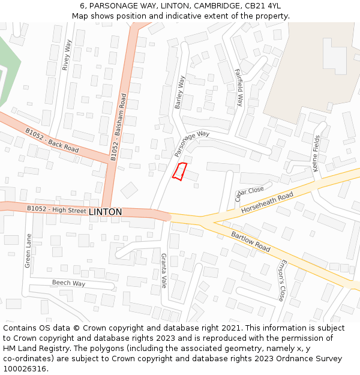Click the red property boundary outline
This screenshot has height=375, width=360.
pyautogui.click(x=180, y=171)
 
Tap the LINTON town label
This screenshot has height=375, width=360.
pyautogui.click(x=105, y=212)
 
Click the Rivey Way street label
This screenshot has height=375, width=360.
pyautogui.click(x=67, y=55)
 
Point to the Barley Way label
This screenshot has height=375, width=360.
pyautogui.click(x=179, y=92)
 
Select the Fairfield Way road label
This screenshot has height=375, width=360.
pyautogui.click(x=239, y=88)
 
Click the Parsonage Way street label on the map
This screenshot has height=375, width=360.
pyautogui.click(x=192, y=144)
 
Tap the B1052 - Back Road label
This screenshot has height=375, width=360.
pyautogui.click(x=52, y=140)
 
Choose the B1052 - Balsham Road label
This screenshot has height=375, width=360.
pyautogui.click(x=118, y=127)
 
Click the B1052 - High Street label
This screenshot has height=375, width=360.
pyautogui.click(x=56, y=209)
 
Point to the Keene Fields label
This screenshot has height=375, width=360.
pyautogui.click(x=316, y=154)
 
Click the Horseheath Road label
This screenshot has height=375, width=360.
pyautogui.click(x=267, y=204)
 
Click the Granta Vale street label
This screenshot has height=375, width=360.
pyautogui.click(x=163, y=271)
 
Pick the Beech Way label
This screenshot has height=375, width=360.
pyautogui.click(x=68, y=283)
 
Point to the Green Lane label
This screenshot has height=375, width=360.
pyautogui.click(x=28, y=250)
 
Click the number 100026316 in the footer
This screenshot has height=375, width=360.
pyautogui.click(x=25, y=368)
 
